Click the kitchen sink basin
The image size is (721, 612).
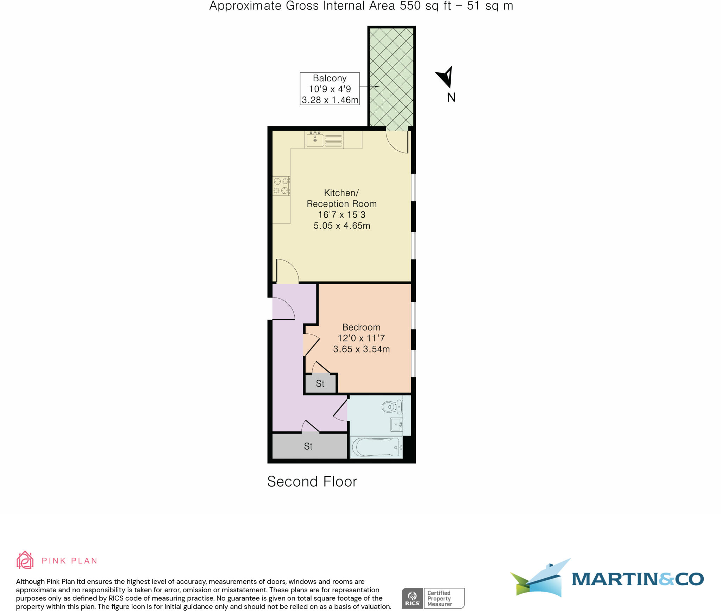pyautogui.click(x=315, y=140)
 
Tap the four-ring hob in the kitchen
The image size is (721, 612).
pyautogui.click(x=281, y=186)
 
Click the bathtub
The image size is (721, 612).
pyautogui.click(x=376, y=448)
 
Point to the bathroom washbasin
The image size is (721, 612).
pyautogui.click(x=396, y=425)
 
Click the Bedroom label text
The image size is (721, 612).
pyautogui.click(x=361, y=327)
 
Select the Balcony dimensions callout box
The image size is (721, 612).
pyautogui.click(x=330, y=89)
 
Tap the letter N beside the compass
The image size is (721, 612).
pyautogui.click(x=451, y=98)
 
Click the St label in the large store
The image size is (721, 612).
pyautogui.click(x=308, y=446)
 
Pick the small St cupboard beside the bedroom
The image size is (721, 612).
pyautogui.click(x=320, y=383)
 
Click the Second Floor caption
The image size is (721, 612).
pyautogui.click(x=312, y=482)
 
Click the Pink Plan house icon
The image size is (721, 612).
pyautogui.click(x=25, y=560)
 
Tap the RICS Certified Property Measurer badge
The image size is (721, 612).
pyautogui.click(x=433, y=598)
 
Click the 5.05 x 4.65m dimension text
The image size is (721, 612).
pyautogui.click(x=341, y=226)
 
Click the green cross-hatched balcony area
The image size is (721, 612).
pyautogui.click(x=391, y=76)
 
